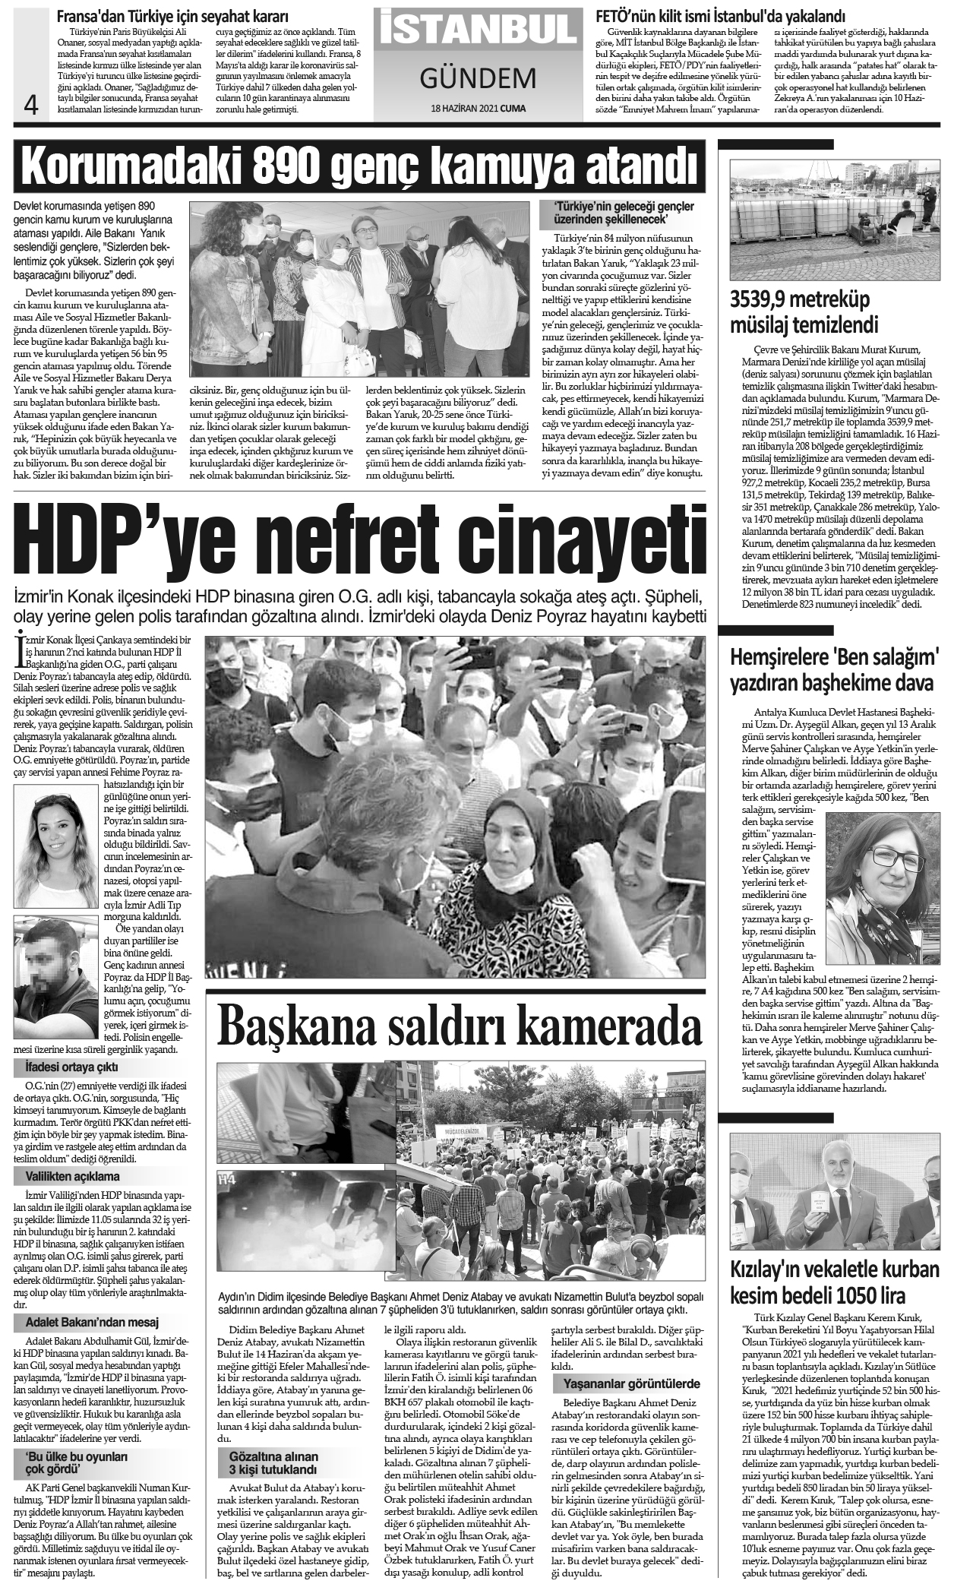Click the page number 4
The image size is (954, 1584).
pos(31,103)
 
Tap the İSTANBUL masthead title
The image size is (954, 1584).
pos(477,31)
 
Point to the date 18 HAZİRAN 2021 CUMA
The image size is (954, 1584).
pos(477,108)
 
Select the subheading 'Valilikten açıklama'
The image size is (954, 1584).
pos(68,1176)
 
